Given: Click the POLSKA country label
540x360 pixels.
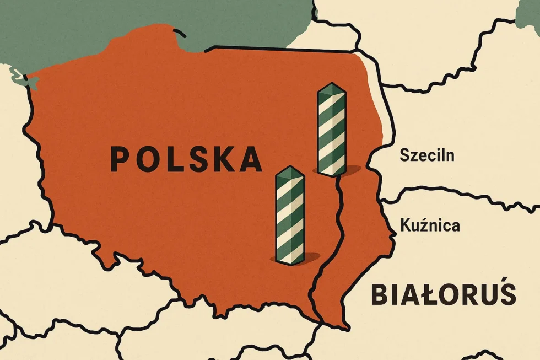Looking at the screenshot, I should [x=186, y=158].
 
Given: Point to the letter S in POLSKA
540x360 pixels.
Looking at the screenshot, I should [x=187, y=159].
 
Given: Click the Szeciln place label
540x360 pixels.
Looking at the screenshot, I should [x=427, y=155].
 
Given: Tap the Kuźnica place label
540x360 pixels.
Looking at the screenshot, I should [x=430, y=225].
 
